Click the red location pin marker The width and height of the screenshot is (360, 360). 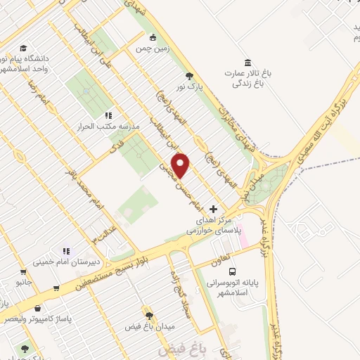point(181,165)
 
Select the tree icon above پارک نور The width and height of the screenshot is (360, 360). point(188,75)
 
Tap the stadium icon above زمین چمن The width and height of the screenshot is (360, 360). point(153,37)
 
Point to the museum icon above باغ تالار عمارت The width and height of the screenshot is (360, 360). point(247,61)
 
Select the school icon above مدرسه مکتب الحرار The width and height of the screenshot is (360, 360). point(108,115)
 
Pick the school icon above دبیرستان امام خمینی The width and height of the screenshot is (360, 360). point(67,250)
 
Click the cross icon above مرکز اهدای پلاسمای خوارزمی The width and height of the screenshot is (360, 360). point(214,209)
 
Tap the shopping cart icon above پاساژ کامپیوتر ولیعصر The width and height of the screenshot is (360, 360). point(56,288)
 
